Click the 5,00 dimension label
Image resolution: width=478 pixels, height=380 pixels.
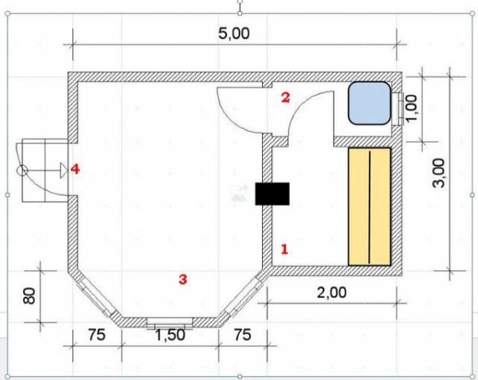point(233,33)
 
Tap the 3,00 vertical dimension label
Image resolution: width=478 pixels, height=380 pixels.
point(439,173)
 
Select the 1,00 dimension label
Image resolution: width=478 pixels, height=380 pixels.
point(411,108)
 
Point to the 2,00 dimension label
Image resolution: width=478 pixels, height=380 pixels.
point(331,293)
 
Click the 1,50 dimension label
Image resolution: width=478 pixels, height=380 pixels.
point(170,335)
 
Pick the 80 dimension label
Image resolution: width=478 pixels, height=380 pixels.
point(29,296)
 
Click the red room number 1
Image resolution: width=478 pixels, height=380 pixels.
point(284,249)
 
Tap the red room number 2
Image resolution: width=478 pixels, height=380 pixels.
point(286,97)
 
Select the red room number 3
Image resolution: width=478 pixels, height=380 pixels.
point(182,279)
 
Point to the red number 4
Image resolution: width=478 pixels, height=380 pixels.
point(76,169)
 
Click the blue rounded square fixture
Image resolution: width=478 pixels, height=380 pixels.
point(370,103)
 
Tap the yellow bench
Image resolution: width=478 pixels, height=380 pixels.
point(370,206)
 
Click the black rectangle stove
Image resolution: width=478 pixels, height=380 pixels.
point(272,194)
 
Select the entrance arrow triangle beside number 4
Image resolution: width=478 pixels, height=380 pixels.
point(64,170)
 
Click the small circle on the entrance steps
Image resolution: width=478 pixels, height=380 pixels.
point(22,170)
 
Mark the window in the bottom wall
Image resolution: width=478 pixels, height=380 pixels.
point(170,323)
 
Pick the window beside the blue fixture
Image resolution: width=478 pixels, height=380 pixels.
point(398,109)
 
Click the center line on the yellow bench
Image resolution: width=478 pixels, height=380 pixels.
point(370,207)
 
